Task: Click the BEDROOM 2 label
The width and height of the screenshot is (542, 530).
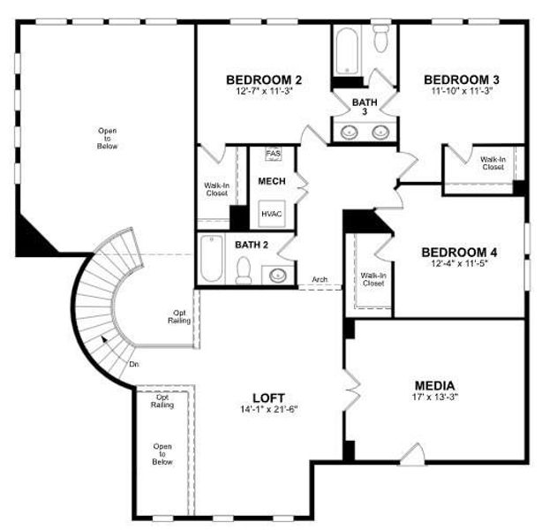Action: (264, 76)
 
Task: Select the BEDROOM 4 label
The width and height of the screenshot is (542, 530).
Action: (458, 252)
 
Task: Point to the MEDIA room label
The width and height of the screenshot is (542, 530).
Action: (435, 386)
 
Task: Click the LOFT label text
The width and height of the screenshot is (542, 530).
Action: (267, 397)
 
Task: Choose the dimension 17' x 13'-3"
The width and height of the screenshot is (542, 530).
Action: (435, 399)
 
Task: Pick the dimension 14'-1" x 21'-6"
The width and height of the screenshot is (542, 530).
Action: (267, 410)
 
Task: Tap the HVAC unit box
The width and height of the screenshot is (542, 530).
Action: (271, 213)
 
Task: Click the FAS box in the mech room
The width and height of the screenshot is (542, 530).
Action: (272, 153)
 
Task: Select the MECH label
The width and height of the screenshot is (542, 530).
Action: (270, 181)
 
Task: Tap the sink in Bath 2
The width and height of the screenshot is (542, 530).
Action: (280, 274)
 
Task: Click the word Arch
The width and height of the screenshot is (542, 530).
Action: (320, 281)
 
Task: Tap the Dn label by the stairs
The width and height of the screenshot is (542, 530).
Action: (133, 363)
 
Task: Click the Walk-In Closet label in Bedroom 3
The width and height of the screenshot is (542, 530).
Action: (492, 163)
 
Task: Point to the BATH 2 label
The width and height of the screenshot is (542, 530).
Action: (251, 244)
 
